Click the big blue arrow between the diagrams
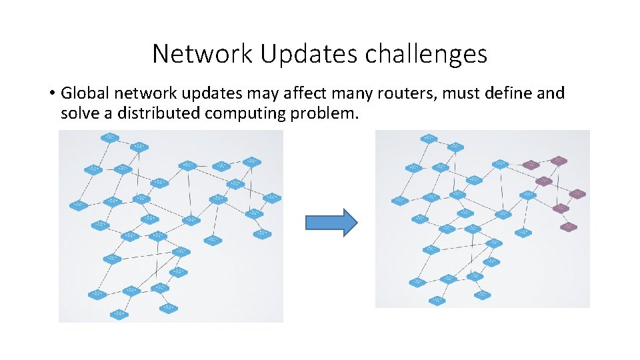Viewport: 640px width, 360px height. coord(331,222)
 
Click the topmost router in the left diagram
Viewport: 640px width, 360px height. coord(109,138)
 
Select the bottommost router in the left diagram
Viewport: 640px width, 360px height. coord(120,313)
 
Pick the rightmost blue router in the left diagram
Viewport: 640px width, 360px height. coord(271,197)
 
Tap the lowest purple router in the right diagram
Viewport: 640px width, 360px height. coord(568,227)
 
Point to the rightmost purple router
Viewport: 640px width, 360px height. coord(577,194)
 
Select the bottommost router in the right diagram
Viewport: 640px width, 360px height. coord(437,300)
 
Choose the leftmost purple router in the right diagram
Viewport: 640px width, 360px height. coord(531,165)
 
